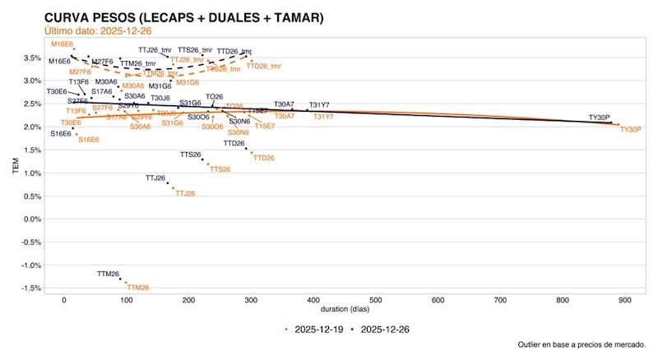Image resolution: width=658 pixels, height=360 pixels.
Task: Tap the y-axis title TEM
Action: coord(15,168)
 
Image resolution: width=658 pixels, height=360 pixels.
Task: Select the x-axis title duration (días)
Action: coord(345,310)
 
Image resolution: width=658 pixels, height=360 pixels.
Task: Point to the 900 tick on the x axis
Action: coord(624,300)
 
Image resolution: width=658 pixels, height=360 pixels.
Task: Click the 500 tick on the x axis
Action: coord(375,300)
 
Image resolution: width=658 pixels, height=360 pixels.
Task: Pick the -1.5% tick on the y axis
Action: coord(32,288)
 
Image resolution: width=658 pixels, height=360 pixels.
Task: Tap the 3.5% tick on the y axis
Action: coord(32,58)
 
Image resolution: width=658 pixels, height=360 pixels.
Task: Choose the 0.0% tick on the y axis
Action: coord(32,219)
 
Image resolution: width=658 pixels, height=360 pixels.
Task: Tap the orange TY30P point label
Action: coord(630,130)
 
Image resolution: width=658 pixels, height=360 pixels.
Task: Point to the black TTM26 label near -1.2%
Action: coord(109,274)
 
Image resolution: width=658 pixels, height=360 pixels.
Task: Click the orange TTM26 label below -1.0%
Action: coord(138,288)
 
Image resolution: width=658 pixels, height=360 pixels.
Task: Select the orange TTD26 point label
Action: coord(263,157)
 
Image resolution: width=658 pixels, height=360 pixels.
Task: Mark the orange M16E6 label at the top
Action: coord(62,43)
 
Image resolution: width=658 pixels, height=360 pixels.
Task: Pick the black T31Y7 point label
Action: coord(319,104)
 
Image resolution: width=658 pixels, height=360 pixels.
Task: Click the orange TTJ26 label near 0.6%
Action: coord(185,193)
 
